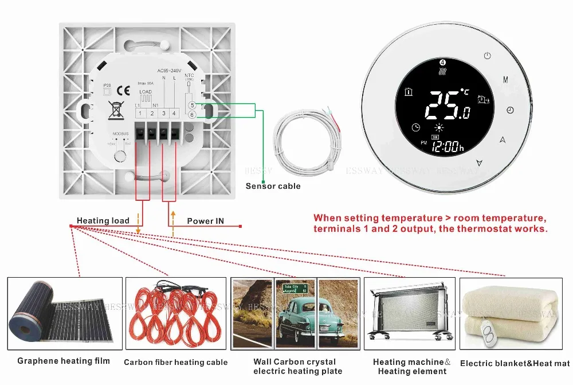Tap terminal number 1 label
pyautogui.click(x=140, y=114)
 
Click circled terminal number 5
pyautogui.click(x=192, y=105)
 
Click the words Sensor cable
pyautogui.click(x=273, y=186)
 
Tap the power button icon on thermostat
pyautogui.click(x=487, y=56)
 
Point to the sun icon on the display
pyautogui.click(x=440, y=127)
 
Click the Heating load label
pyautogui.click(x=103, y=221)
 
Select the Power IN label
pyautogui.click(x=206, y=221)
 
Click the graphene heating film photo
pyautogui.click(x=65, y=314)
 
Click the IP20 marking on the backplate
pyautogui.click(x=106, y=85)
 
